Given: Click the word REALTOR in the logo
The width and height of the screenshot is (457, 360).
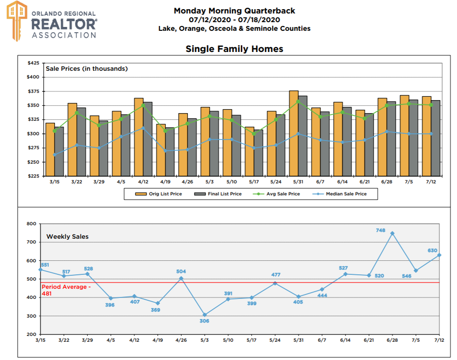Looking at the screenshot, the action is pyautogui.click(x=64, y=24).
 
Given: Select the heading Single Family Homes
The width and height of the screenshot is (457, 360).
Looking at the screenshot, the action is pyautogui.click(x=235, y=49).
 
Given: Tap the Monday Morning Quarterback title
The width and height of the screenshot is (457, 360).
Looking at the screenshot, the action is pyautogui.click(x=235, y=11).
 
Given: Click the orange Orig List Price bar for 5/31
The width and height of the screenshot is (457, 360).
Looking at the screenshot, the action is pyautogui.click(x=294, y=133).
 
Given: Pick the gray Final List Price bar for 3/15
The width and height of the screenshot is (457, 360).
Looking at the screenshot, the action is pyautogui.click(x=59, y=152).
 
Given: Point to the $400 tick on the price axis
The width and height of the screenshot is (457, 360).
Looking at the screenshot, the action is pyautogui.click(x=33, y=77).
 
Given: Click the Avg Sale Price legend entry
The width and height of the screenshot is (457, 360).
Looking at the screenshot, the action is pyautogui.click(x=276, y=193).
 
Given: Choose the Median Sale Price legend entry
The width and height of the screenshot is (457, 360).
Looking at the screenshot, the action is pyautogui.click(x=339, y=193).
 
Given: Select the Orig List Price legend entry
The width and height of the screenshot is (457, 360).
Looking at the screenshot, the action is pyautogui.click(x=158, y=193).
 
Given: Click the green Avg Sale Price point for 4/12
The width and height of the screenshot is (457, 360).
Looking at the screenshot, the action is pyautogui.click(x=143, y=105).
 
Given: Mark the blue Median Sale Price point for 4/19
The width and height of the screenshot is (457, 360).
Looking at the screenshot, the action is pyautogui.click(x=165, y=151).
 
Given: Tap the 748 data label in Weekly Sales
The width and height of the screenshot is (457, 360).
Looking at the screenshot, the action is pyautogui.click(x=380, y=230).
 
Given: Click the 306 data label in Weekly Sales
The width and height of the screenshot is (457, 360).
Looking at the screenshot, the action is pyautogui.click(x=204, y=321).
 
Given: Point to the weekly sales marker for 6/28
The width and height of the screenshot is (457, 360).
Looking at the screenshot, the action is pyautogui.click(x=392, y=233).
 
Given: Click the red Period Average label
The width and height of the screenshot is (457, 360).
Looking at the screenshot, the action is pyautogui.click(x=66, y=290).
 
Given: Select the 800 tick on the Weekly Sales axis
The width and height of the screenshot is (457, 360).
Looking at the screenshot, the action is pyautogui.click(x=31, y=224).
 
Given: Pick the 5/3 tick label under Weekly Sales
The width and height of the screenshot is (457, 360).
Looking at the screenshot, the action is pyautogui.click(x=205, y=340).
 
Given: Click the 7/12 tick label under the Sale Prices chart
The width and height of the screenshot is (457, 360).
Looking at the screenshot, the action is pyautogui.click(x=431, y=182).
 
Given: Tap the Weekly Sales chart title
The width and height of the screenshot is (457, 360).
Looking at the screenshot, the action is pyautogui.click(x=67, y=236).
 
